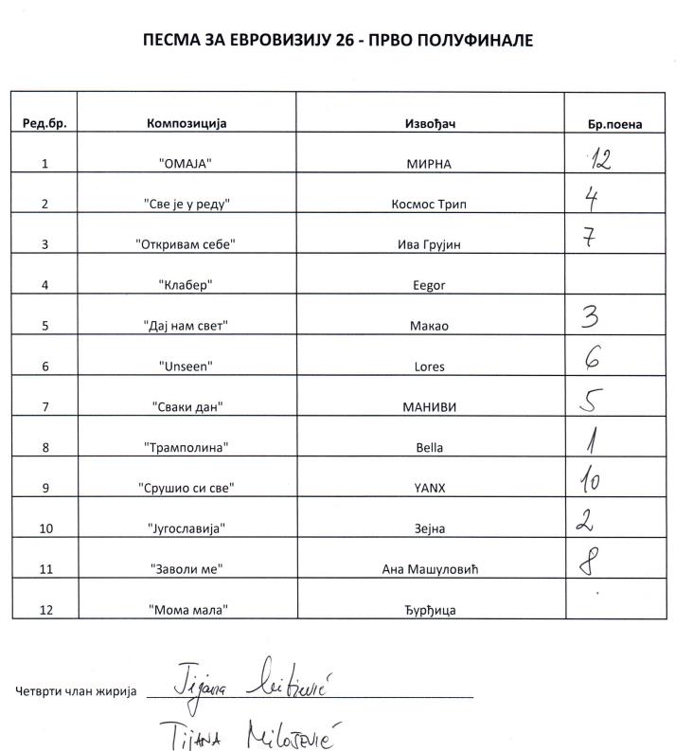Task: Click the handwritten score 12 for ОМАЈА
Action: click(598, 159)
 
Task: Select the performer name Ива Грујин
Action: click(430, 244)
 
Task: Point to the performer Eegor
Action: click(430, 285)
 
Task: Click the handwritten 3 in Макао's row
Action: click(589, 315)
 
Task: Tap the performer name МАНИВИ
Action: click(430, 407)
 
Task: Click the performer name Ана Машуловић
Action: click(430, 569)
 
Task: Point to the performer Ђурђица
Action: click(430, 610)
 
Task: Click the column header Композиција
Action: click(187, 123)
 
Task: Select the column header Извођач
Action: click(430, 123)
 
